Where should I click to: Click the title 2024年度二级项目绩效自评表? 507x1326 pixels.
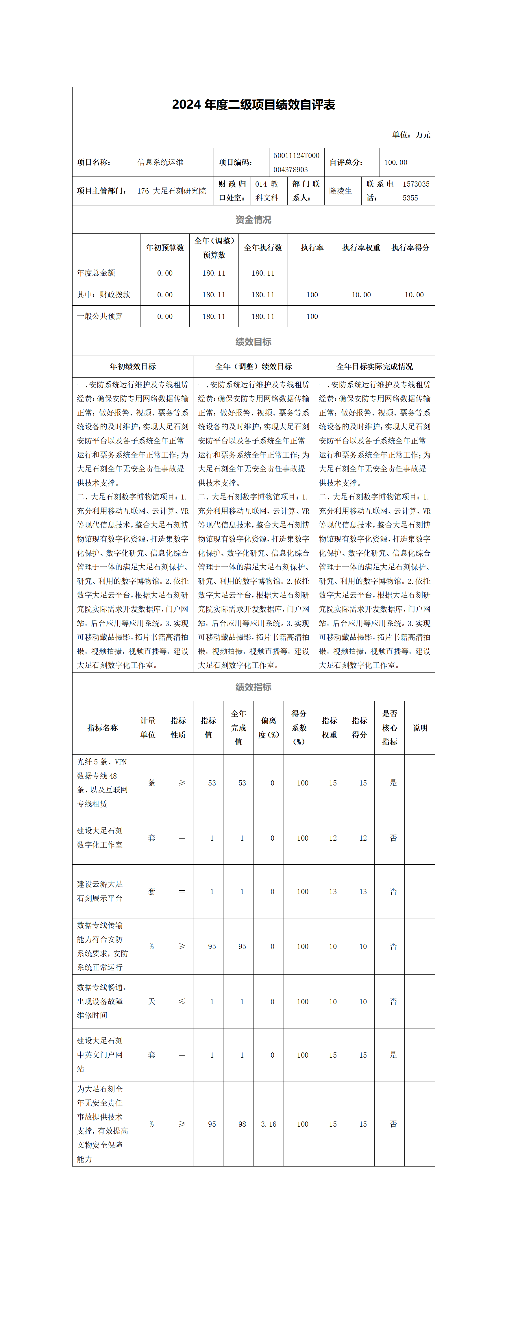click(253, 105)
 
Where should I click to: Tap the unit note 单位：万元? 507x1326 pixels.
click(411, 135)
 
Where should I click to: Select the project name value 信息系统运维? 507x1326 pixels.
click(160, 162)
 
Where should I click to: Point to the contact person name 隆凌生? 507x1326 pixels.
click(341, 191)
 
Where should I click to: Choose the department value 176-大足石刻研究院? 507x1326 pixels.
click(172, 191)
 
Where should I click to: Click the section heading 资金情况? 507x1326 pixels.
click(253, 220)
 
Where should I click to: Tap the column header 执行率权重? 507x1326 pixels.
click(361, 248)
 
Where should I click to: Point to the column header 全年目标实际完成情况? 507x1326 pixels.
click(375, 367)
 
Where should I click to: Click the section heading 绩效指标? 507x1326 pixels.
click(253, 687)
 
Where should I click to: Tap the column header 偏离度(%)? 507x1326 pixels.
click(269, 728)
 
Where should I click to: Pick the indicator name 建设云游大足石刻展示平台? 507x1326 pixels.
click(100, 891)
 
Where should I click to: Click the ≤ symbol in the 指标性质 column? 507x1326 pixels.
click(182, 1002)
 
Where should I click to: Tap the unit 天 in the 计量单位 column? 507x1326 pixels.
click(151, 1002)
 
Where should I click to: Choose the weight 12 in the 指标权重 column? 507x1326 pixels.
click(333, 838)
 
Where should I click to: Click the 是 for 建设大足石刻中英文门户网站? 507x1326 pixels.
click(393, 1055)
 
